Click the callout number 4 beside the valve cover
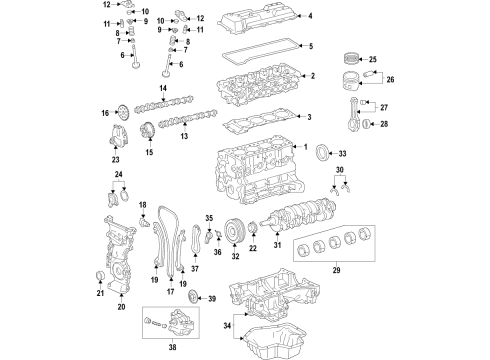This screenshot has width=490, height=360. [x=310, y=16]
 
